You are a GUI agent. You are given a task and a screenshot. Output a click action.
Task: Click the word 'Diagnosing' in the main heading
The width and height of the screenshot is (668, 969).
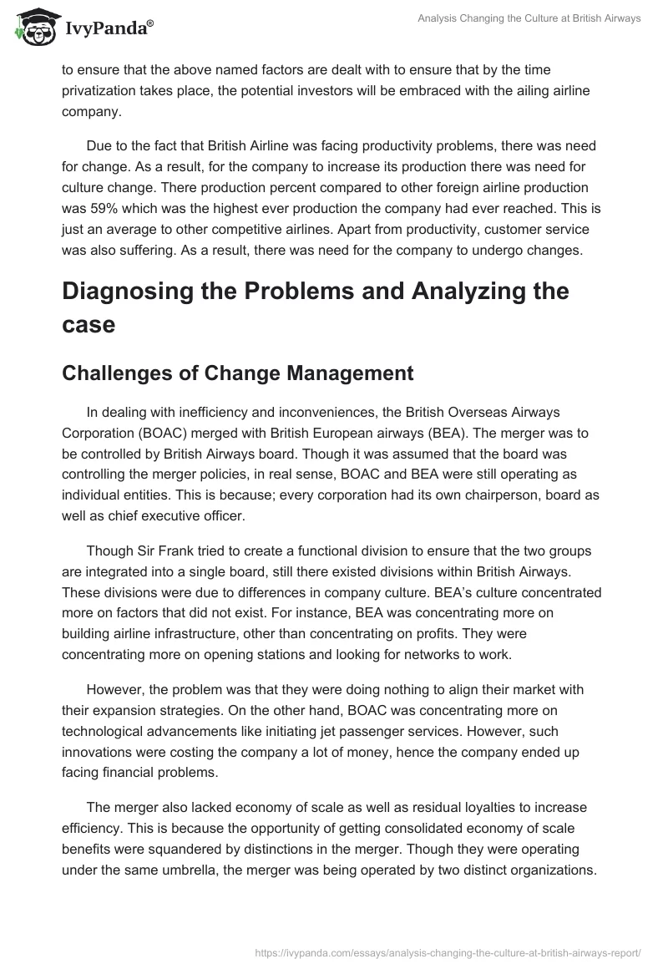136,291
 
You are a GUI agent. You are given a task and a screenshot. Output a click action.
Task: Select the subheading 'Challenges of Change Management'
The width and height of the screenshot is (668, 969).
237,373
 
